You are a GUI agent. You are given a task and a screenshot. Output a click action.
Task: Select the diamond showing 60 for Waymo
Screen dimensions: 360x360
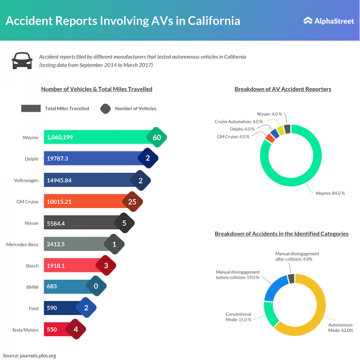point(157,137)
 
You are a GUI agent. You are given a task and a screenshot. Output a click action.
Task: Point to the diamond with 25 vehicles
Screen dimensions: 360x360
point(132,202)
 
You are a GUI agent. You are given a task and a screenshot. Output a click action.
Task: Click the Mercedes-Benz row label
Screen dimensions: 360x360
point(23,244)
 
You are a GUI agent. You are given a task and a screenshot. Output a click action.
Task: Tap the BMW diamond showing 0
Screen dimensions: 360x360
point(96,287)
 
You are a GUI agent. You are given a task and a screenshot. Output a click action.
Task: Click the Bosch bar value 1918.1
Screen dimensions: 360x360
point(57,266)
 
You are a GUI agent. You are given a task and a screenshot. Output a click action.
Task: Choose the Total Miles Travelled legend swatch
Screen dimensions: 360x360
point(31,108)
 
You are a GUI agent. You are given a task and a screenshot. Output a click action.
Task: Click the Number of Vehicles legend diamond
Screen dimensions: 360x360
point(106,108)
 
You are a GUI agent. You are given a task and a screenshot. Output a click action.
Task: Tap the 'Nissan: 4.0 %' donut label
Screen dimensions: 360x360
point(270,113)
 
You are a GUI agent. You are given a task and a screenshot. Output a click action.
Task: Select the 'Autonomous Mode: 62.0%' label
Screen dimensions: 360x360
point(339,327)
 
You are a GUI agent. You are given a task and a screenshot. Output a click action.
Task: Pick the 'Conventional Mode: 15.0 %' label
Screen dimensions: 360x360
point(239,317)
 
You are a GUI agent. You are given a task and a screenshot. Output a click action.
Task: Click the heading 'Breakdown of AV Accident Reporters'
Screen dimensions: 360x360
point(283,89)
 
